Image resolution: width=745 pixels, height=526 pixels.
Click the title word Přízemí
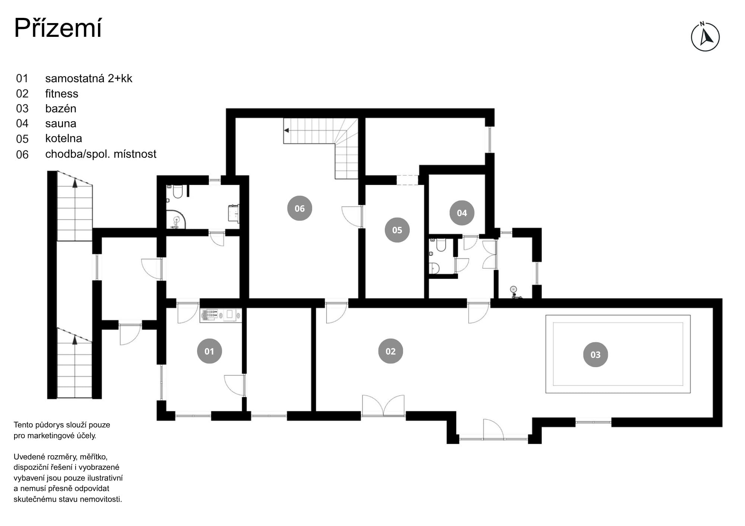58,28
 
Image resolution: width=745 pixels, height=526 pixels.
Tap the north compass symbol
705,36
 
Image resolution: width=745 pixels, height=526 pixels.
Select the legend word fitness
61,93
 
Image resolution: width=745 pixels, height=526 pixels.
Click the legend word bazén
61,109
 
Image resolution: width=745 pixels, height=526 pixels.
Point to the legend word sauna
61,124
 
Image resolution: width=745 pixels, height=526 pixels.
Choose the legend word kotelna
63,138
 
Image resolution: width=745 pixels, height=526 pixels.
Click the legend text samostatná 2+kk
89,78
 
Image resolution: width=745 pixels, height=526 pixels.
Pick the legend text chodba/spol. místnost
101,154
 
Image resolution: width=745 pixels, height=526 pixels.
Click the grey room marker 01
209,351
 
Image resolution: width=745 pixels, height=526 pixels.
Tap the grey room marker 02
390,351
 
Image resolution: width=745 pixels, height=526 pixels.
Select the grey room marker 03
595,355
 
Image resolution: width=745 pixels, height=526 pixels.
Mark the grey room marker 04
462,213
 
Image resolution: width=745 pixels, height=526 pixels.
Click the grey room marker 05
397,230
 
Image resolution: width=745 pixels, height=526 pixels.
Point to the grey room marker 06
299,208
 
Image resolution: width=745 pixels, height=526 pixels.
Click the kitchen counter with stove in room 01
221,315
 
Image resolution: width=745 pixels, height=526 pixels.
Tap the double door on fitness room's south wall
383,405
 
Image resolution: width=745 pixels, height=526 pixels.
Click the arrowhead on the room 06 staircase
286,131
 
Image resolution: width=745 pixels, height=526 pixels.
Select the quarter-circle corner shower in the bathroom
176,219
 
